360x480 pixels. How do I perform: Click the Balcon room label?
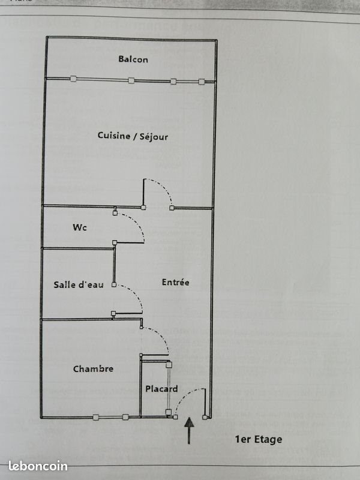click(x=133, y=59)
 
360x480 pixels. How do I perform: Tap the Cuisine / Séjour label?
click(x=133, y=136)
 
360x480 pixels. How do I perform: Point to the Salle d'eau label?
click(x=78, y=284)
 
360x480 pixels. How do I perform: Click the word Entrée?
click(x=176, y=281)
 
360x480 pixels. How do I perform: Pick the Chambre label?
click(x=93, y=368)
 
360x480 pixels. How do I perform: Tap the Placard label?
click(x=161, y=389)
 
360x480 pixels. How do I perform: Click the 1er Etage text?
click(x=258, y=439)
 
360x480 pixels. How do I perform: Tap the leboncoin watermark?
click(x=38, y=466)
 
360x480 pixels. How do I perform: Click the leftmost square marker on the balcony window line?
click(x=73, y=79)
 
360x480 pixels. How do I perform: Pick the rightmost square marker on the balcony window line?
click(x=202, y=81)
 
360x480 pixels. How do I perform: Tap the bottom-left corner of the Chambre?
click(x=42, y=416)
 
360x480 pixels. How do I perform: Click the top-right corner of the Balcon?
click(x=215, y=40)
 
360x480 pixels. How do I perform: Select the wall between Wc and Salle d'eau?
click(x=78, y=248)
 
